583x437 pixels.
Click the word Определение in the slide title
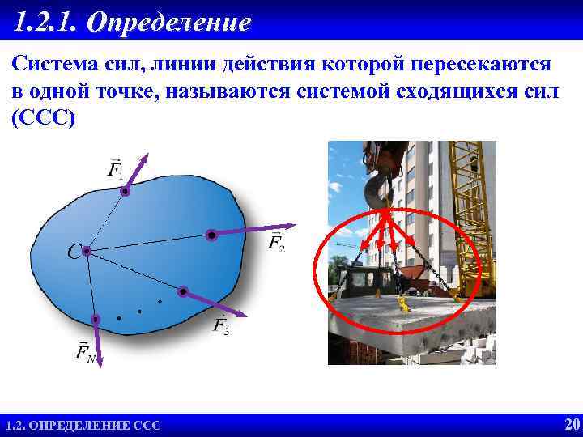click(x=168, y=22)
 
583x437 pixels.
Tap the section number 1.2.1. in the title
click(x=46, y=22)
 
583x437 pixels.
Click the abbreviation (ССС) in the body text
click(x=43, y=117)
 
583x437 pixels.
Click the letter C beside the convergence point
click(x=73, y=253)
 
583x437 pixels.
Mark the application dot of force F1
click(x=125, y=192)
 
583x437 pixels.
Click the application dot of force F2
click(x=211, y=235)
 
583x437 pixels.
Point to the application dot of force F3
click(x=184, y=291)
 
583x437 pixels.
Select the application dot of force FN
click(x=96, y=319)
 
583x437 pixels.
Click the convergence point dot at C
click(x=86, y=252)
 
